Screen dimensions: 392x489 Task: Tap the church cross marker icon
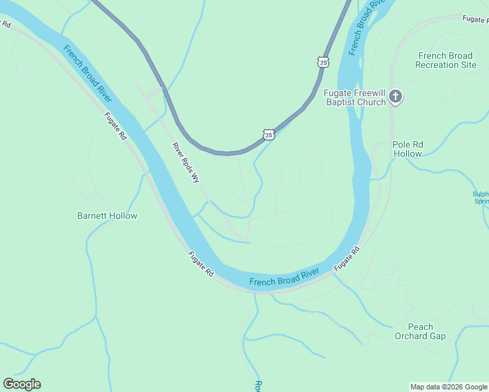[395, 97]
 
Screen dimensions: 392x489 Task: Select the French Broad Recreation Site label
[446, 60]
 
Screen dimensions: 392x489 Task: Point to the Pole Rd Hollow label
[408, 149]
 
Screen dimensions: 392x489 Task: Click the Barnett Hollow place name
[107, 216]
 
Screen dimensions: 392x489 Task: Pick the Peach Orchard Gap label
[420, 331]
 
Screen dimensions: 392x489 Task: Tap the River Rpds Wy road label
[186, 162]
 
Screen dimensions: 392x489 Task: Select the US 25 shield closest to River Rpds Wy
[269, 134]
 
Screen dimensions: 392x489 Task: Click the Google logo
[22, 384]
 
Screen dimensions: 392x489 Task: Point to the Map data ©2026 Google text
[448, 387]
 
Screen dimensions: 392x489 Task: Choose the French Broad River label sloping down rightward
[87, 73]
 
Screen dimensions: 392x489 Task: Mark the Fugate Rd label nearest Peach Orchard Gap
[346, 259]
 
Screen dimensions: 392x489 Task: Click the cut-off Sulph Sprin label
[481, 197]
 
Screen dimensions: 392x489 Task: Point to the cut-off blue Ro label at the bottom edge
[258, 385]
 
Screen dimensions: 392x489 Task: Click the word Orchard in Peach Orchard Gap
[420, 336]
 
